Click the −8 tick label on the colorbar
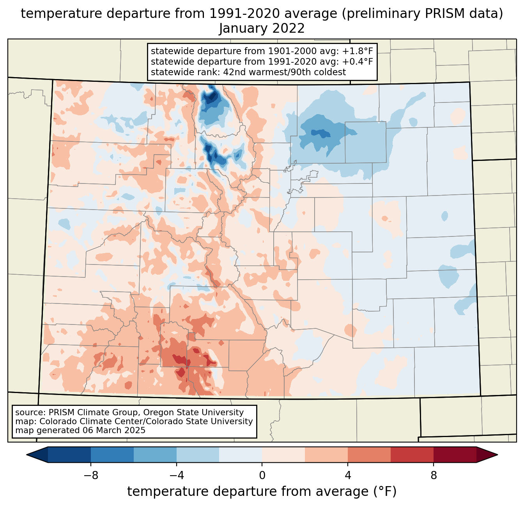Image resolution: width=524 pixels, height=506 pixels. coord(90,475)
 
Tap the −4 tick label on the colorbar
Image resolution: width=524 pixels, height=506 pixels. coord(176,475)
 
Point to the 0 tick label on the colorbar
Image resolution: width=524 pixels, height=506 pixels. coord(262,475)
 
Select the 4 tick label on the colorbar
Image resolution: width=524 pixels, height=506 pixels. coord(348,475)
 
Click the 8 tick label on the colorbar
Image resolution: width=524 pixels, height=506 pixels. coord(434,475)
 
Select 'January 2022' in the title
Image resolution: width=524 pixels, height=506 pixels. coord(262,28)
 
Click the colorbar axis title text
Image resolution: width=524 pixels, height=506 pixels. coord(262,492)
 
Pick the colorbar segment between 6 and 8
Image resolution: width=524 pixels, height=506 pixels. coord(412,455)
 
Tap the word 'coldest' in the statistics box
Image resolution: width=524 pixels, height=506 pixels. coord(331,72)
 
